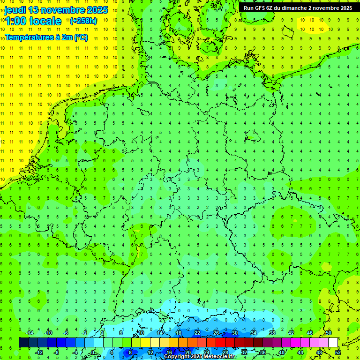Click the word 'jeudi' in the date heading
[x=15, y=10]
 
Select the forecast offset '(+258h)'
[x=83, y=21]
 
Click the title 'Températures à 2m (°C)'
[x=45, y=37]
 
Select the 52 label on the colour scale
[x=337, y=352]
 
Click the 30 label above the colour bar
[x=234, y=333]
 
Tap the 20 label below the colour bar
[x=187, y=352]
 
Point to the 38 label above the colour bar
[x=272, y=333]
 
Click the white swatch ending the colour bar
[x=333, y=342]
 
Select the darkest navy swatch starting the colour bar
[x=23, y=342]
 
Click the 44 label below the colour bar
[x=300, y=352]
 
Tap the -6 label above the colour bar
[x=66, y=333]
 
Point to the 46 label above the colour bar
[x=309, y=333]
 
